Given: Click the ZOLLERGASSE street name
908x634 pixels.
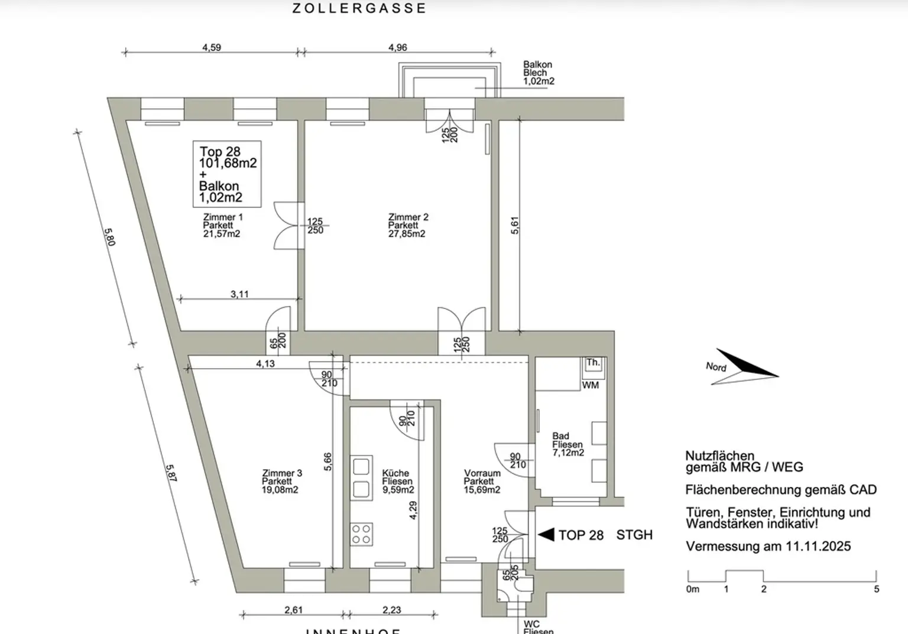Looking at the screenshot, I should tap(359, 8).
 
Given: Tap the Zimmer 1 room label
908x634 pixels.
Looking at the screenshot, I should tap(223, 217).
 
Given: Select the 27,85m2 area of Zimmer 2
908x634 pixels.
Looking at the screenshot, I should tap(407, 234).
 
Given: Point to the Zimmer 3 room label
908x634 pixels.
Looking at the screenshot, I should tap(282, 473).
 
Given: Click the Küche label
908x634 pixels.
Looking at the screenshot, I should tap(395, 473).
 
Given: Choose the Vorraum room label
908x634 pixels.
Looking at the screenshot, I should tap(482, 473).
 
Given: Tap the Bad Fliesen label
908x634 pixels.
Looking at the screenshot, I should tap(567, 441).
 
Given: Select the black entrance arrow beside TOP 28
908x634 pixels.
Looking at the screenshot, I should tap(546, 534).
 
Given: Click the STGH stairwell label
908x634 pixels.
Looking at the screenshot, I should tap(634, 535).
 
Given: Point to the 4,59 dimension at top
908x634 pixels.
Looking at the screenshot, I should tap(212, 47).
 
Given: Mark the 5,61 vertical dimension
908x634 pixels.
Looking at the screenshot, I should tap(515, 225).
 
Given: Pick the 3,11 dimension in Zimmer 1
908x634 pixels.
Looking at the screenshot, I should tap(239, 294).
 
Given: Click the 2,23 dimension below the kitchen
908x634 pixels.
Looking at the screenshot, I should tap(391, 610).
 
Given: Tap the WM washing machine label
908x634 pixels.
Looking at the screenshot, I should tap(591, 385).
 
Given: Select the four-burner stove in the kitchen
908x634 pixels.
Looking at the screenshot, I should tap(362, 534).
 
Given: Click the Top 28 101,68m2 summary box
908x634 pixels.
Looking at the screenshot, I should tap(227, 174).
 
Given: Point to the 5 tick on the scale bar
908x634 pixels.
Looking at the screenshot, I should tap(876, 589).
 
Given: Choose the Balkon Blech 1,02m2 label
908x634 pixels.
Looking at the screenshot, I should tap(538, 73).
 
